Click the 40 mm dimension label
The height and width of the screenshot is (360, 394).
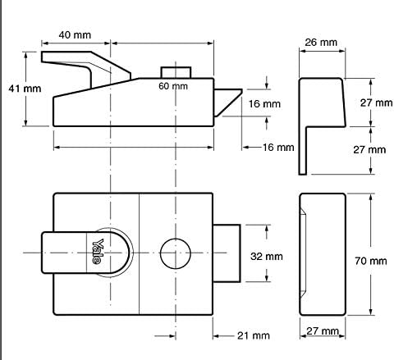[x=75, y=35]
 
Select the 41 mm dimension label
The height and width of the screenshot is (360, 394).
[x=25, y=89]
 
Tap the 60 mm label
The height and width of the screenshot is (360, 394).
[x=173, y=86]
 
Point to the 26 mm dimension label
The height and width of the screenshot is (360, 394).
[x=321, y=43]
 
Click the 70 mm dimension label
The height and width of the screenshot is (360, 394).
[x=371, y=261]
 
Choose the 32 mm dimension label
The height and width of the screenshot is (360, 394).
[x=267, y=257]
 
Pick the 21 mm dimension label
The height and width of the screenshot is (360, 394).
[x=254, y=335]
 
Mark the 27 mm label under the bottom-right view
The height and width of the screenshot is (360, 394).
[x=323, y=331]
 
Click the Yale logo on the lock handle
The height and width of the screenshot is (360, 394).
[x=98, y=252]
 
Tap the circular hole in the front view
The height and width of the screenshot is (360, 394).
[x=176, y=253]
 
